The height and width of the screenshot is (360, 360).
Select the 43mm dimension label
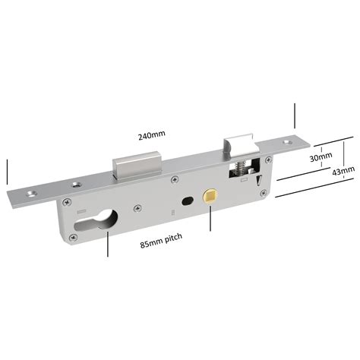tap(343, 172)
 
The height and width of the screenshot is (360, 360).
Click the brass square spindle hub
tap(210, 196)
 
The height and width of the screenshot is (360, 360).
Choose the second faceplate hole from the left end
tap(76, 184)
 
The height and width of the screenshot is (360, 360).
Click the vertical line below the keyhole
tap(107, 245)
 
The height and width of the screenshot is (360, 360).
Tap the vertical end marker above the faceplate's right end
tap(292, 116)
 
